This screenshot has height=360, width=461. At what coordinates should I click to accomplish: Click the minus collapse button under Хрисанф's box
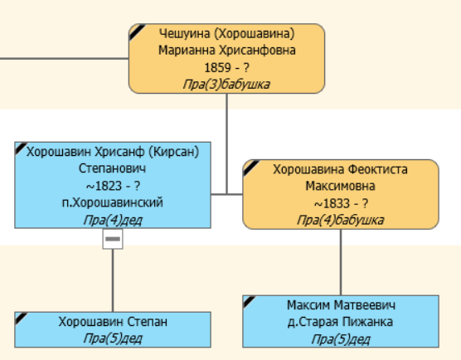[113, 239]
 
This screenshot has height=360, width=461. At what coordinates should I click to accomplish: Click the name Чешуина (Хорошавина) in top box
[226, 34]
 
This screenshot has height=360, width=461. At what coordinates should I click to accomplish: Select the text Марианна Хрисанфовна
[226, 50]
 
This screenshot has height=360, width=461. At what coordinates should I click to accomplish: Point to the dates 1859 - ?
[226, 67]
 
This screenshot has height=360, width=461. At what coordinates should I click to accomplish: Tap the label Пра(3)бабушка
[226, 84]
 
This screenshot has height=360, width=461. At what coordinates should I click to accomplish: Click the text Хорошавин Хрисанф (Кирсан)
[113, 152]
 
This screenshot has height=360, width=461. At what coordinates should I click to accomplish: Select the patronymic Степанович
[113, 168]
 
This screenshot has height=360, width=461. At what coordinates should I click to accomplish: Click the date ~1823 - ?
[113, 186]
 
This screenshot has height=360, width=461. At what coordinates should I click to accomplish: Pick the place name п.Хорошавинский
[113, 202]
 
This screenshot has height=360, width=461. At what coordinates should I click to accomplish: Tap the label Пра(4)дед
[113, 219]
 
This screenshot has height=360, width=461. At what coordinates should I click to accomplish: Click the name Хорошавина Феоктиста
[340, 169]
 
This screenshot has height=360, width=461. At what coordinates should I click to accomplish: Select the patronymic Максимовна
[340, 186]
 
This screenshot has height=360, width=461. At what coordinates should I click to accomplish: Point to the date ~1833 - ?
[340, 203]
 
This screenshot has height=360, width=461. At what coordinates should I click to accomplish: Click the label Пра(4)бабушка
[340, 220]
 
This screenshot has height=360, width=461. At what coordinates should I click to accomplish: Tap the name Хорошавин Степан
[113, 322]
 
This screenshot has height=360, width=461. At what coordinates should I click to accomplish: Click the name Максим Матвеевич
[340, 305]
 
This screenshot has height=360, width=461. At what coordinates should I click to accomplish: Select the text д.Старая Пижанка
[340, 322]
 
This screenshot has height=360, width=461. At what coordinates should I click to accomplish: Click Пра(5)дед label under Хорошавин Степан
[113, 338]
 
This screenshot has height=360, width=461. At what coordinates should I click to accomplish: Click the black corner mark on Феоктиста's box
[250, 165]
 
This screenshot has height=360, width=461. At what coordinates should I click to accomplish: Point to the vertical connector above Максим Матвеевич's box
[340, 261]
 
